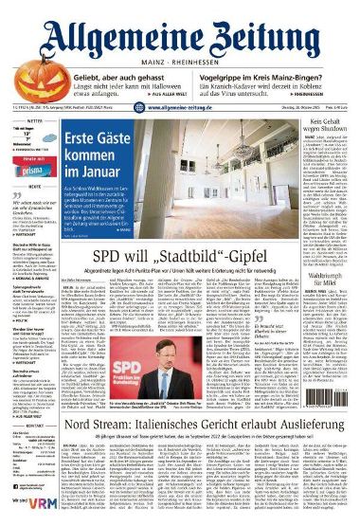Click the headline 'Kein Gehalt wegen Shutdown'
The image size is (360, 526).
click(325, 129)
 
